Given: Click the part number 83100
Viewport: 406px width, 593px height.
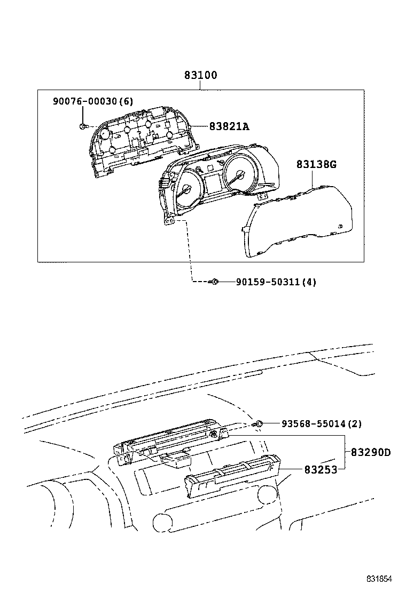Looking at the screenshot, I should [x=201, y=76].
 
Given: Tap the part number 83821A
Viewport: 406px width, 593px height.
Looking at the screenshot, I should [x=230, y=126].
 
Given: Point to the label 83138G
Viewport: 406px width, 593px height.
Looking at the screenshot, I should [x=316, y=164].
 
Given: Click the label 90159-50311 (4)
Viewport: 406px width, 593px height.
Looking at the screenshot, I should [x=276, y=282].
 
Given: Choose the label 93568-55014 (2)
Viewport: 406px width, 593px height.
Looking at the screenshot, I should [x=322, y=424].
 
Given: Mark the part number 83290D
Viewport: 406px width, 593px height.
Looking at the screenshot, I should [x=371, y=453].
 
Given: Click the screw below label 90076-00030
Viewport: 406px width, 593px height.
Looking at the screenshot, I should [x=82, y=126].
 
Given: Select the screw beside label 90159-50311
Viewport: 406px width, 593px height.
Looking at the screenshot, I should [x=214, y=282].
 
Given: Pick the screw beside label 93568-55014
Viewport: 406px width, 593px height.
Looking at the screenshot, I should [x=259, y=423].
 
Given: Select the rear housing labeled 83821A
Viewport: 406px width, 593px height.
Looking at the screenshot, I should [x=139, y=141].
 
